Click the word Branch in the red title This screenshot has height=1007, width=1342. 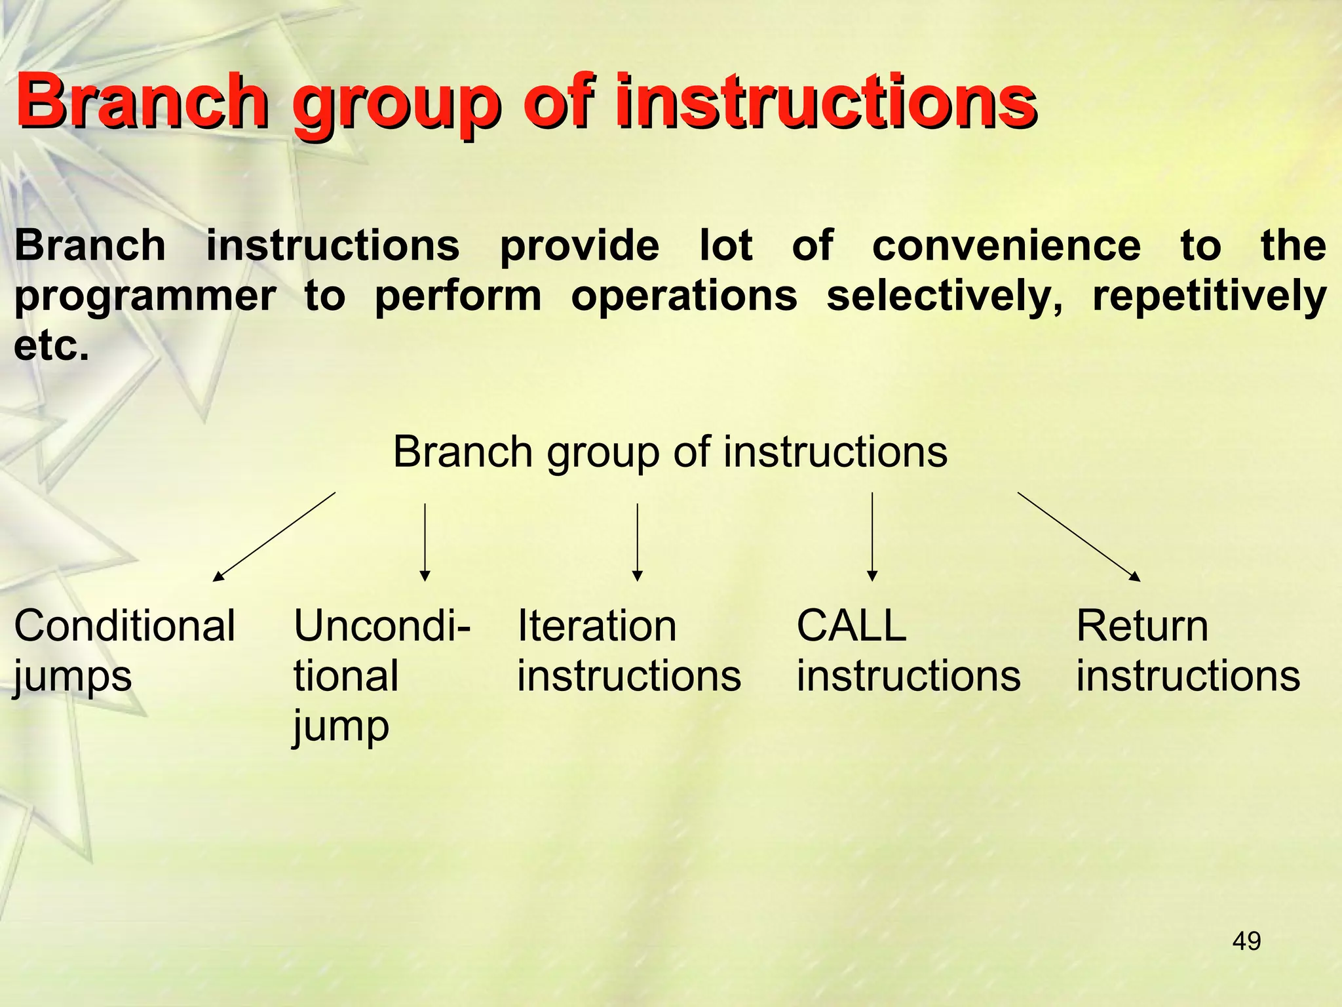[141, 102]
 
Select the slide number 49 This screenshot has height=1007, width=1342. [1246, 941]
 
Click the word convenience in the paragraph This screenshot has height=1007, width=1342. [1006, 246]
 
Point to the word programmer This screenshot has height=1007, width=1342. [144, 296]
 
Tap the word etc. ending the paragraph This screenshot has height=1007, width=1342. [51, 346]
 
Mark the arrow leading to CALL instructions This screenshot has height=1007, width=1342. [872, 536]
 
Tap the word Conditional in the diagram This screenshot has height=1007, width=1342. [125, 625]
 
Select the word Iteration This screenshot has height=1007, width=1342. [596, 625]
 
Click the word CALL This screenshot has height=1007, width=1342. [851, 625]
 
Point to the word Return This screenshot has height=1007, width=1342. [1142, 625]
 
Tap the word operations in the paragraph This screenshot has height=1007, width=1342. [683, 296]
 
